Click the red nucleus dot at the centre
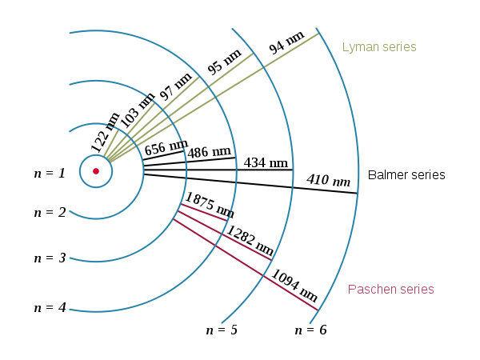click(96, 170)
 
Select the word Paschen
click(370, 290)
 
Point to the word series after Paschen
click(415, 290)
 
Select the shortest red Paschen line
click(205, 213)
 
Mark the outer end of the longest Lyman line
click(318, 34)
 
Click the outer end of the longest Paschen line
click(318, 310)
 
